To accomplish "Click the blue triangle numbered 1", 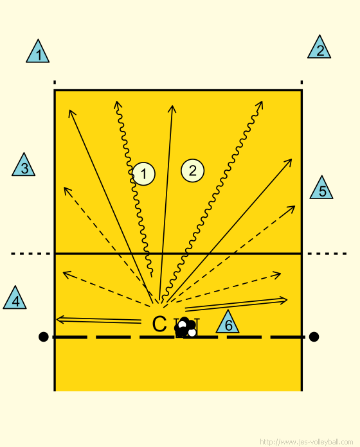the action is tap(38, 51).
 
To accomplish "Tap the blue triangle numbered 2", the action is tap(319, 47).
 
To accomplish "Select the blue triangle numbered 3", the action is tap(23, 164).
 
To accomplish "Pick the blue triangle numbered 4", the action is tap(15, 297).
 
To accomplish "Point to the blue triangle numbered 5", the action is tap(321, 188).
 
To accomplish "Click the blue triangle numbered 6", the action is tap(228, 322).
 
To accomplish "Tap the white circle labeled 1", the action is tap(143, 174).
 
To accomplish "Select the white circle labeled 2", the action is tap(193, 170).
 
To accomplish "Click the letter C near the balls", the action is tap(159, 324).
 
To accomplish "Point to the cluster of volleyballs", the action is tap(185, 327).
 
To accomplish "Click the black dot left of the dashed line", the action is tap(43, 337).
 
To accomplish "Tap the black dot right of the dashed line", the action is tap(314, 337).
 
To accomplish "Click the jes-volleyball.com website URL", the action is tap(307, 442).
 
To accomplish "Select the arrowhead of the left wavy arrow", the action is tap(117, 104).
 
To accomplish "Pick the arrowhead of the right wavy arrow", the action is tap(259, 105).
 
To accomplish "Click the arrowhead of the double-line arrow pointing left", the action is tap(60, 319).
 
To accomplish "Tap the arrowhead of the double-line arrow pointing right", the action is tap(283, 300).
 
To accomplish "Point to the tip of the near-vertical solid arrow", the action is tap(172, 106).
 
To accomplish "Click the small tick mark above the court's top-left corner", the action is tap(55, 82).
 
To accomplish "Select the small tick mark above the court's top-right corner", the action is tap(301, 82).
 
